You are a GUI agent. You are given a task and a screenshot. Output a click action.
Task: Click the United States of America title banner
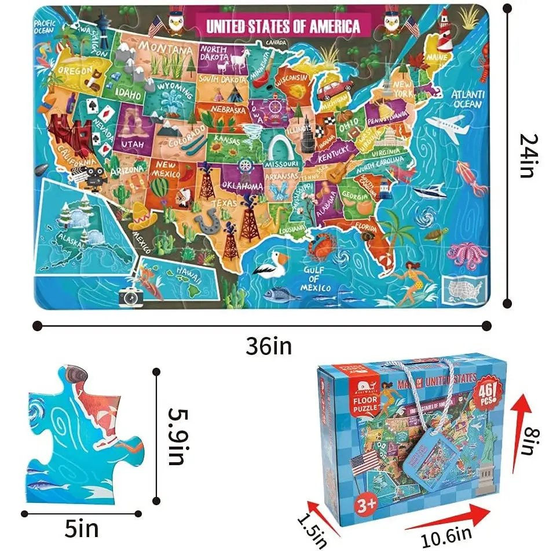click(x=282, y=26)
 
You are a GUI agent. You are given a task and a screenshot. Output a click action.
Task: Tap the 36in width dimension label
click(x=268, y=346)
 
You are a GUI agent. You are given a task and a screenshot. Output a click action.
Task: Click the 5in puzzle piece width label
click(x=82, y=528)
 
